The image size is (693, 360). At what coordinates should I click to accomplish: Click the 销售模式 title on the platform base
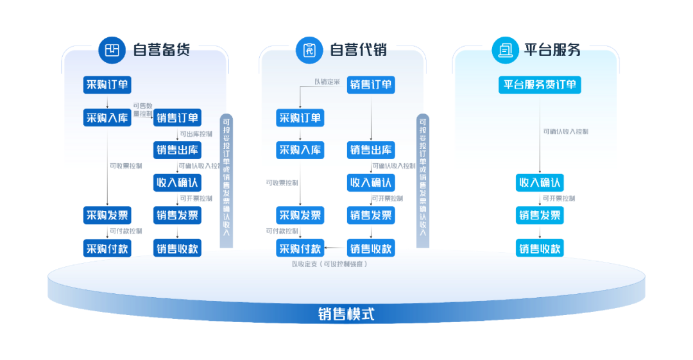click(x=346, y=314)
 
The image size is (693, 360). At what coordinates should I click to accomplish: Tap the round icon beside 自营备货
click(x=112, y=49)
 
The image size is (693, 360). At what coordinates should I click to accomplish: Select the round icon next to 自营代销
click(x=309, y=49)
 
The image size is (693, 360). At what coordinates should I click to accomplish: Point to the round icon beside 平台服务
click(x=505, y=49)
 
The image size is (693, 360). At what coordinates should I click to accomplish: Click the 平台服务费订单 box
click(x=539, y=85)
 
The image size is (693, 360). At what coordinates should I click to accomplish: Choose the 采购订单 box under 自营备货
click(x=107, y=85)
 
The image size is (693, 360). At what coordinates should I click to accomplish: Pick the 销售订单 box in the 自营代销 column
click(x=371, y=85)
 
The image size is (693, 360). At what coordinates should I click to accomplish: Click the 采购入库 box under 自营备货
click(x=107, y=117)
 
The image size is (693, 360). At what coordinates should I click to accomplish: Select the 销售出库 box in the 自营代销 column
click(x=371, y=150)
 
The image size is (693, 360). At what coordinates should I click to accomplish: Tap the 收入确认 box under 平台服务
click(x=540, y=182)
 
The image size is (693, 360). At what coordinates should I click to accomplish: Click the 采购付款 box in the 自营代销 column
click(x=300, y=248)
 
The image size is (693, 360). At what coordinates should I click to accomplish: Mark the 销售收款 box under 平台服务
click(x=540, y=248)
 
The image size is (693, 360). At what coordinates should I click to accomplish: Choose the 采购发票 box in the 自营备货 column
click(x=107, y=215)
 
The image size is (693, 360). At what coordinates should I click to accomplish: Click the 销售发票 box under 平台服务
click(x=540, y=216)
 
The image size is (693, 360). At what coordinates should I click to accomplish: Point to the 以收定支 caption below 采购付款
click(x=329, y=263)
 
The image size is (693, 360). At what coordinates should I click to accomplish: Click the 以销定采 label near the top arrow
click(x=327, y=81)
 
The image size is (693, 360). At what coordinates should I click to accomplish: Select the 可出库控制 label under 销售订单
click(x=196, y=134)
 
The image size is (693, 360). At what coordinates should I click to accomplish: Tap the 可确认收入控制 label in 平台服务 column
click(x=565, y=132)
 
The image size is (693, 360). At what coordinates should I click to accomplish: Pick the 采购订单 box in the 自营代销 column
click(x=300, y=117)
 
